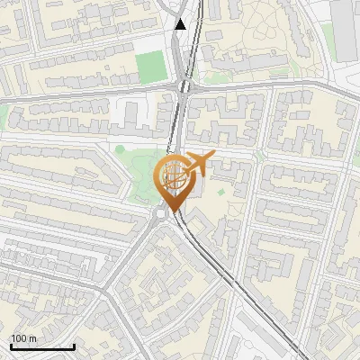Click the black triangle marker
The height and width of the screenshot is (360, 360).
pyautogui.click(x=181, y=23)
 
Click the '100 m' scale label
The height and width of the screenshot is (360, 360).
pyautogui.click(x=23, y=338)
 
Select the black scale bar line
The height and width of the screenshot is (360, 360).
pyautogui.click(x=42, y=346)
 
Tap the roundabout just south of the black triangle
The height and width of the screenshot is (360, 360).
pyautogui.click(x=186, y=86)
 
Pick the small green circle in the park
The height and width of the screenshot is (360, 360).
pyautogui.click(x=120, y=149)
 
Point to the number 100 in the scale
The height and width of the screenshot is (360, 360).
pyautogui.click(x=19, y=338)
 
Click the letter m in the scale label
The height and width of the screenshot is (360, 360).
pyautogui.click(x=32, y=338)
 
